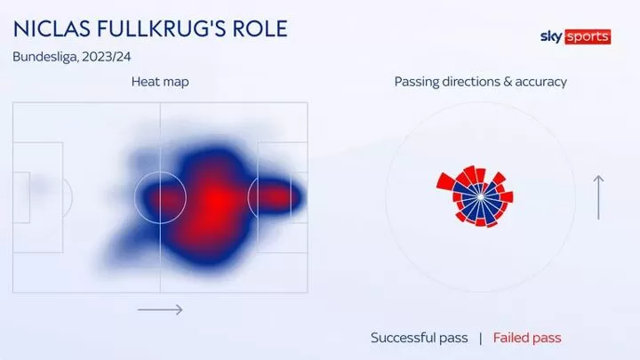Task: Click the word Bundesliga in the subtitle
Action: pos(45,57)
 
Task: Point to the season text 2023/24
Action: pos(106,56)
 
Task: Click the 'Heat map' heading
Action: pos(160,82)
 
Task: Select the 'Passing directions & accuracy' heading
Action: pos(480,82)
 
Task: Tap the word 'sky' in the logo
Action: pos(551,36)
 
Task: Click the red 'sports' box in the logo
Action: pos(588,36)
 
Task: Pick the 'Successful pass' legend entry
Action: pos(420,338)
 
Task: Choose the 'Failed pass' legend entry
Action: pos(527,338)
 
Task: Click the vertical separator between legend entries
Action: pos(480,338)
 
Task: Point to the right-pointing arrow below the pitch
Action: pos(160,310)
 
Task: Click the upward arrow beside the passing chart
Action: pos(598,197)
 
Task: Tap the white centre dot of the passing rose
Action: pos(481,196)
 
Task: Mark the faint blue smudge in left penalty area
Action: pos(40,187)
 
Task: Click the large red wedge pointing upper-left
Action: pos(445,181)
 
